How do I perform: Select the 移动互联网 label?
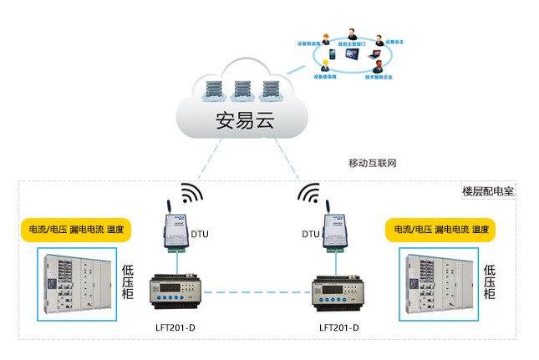372,162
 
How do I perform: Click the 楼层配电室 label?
488,190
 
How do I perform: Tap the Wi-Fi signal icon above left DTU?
191,194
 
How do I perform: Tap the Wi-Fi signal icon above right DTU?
310,194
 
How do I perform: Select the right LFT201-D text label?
339,327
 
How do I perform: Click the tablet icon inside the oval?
350,55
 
